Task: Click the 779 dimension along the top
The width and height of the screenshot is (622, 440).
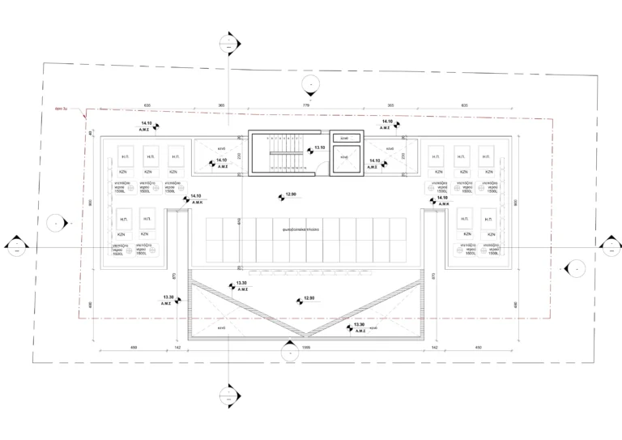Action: coord(306,106)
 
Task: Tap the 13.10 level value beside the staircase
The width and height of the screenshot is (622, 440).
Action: coord(318,147)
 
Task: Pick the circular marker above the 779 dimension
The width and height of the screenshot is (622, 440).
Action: coord(308,83)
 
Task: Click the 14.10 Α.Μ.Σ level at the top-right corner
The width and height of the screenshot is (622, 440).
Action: coord(387,123)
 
